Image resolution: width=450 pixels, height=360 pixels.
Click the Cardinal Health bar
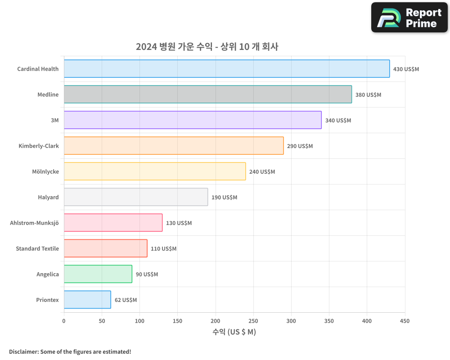click(227, 69)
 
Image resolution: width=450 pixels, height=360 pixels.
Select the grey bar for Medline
click(208, 94)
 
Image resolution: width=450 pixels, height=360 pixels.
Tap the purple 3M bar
click(193, 120)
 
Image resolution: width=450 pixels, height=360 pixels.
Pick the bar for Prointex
click(87, 300)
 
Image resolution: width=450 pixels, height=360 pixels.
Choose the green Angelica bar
click(98, 274)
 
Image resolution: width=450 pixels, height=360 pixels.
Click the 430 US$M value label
click(406, 69)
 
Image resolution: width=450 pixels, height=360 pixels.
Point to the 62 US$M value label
click(126, 300)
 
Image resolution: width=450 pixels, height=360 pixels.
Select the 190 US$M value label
click(224, 198)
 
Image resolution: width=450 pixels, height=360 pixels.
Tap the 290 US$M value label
click(300, 146)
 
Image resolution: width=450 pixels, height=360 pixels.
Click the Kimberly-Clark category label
click(39, 146)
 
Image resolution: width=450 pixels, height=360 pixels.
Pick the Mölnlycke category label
click(45, 171)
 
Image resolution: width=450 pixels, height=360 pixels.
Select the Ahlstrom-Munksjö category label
click(34, 223)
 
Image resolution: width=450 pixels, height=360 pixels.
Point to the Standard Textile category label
click(37, 248)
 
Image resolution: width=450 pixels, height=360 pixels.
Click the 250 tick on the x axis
click(253, 321)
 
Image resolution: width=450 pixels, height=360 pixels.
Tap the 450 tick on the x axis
click(405, 321)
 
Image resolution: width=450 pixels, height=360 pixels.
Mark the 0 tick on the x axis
click(64, 321)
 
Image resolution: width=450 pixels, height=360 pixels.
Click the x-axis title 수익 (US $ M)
click(234, 332)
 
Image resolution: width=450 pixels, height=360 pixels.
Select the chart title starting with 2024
click(207, 47)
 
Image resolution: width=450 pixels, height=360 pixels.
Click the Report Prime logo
click(409, 18)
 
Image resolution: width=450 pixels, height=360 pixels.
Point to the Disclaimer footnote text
click(70, 351)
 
